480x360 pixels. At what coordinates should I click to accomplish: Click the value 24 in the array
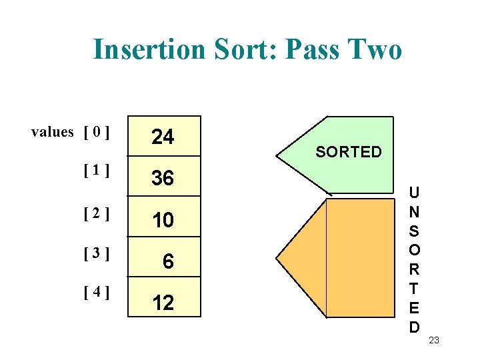click(163, 137)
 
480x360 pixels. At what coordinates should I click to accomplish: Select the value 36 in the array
click(163, 179)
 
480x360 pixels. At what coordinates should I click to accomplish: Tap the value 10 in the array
click(163, 221)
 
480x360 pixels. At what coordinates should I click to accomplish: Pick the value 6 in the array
click(168, 262)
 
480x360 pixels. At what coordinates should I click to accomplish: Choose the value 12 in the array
click(163, 303)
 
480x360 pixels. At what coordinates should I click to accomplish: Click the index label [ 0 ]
click(97, 132)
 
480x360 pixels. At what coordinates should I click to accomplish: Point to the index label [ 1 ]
click(97, 171)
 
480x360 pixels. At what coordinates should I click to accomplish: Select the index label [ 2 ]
click(97, 214)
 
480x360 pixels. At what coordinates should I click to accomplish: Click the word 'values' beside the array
click(52, 132)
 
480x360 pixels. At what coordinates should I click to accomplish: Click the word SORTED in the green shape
click(349, 152)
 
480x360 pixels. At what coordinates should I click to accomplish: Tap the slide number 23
click(434, 341)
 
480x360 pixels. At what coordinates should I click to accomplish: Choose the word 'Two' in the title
click(377, 49)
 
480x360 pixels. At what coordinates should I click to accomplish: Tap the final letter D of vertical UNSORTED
click(415, 327)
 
